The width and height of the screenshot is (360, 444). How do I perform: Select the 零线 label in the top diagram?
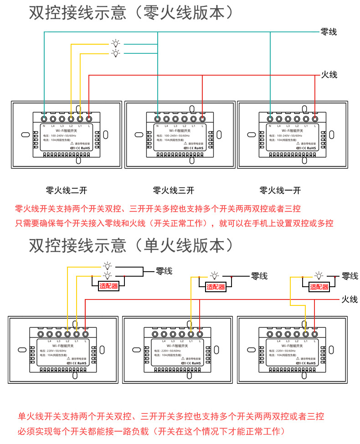click(329, 32)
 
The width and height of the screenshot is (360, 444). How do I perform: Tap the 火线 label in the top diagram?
click(329, 74)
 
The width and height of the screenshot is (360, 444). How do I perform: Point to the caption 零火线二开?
click(67, 190)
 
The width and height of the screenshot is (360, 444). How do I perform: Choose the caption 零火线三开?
click(174, 190)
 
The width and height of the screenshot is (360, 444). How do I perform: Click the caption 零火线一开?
click(280, 190)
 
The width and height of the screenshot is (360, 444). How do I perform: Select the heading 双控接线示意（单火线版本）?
click(132, 246)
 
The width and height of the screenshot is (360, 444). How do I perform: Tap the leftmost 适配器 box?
click(108, 286)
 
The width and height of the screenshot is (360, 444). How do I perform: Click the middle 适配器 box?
click(216, 287)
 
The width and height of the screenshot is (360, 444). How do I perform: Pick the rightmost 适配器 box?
click(319, 287)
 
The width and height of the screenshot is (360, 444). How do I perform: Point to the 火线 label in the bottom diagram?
click(350, 299)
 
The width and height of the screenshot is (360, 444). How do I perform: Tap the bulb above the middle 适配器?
click(215, 276)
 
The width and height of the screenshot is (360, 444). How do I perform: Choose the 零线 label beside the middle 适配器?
click(259, 276)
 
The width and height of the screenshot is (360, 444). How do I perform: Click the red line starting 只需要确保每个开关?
click(174, 223)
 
